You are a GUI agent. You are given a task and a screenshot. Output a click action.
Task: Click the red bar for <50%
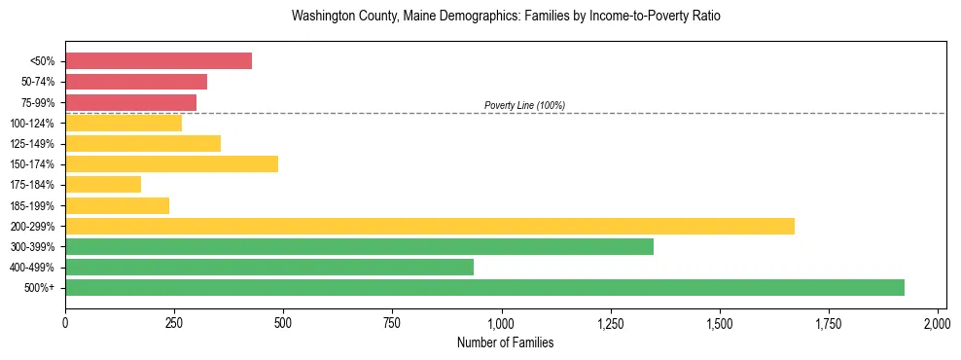point(159,61)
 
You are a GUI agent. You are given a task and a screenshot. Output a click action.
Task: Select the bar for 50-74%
point(136,82)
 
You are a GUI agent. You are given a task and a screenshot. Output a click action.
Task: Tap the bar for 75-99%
point(130,102)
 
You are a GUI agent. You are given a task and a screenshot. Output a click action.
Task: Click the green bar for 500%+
point(484,287)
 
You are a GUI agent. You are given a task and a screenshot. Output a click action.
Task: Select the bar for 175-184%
point(103,184)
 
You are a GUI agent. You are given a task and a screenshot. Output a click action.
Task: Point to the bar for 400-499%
point(269,267)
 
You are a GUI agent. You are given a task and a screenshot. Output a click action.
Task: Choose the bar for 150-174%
point(171,163)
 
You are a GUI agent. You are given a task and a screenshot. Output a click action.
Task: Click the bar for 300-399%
point(359,246)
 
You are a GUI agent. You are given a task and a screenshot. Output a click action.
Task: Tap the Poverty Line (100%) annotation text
point(524,105)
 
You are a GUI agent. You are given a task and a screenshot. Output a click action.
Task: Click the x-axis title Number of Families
point(501,342)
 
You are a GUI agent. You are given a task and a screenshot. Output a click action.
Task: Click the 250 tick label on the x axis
point(174,321)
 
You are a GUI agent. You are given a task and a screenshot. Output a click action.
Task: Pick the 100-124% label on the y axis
point(32,124)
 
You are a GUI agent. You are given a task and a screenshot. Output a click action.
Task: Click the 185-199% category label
point(32,205)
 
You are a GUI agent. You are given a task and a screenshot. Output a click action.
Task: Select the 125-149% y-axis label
point(32,144)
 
